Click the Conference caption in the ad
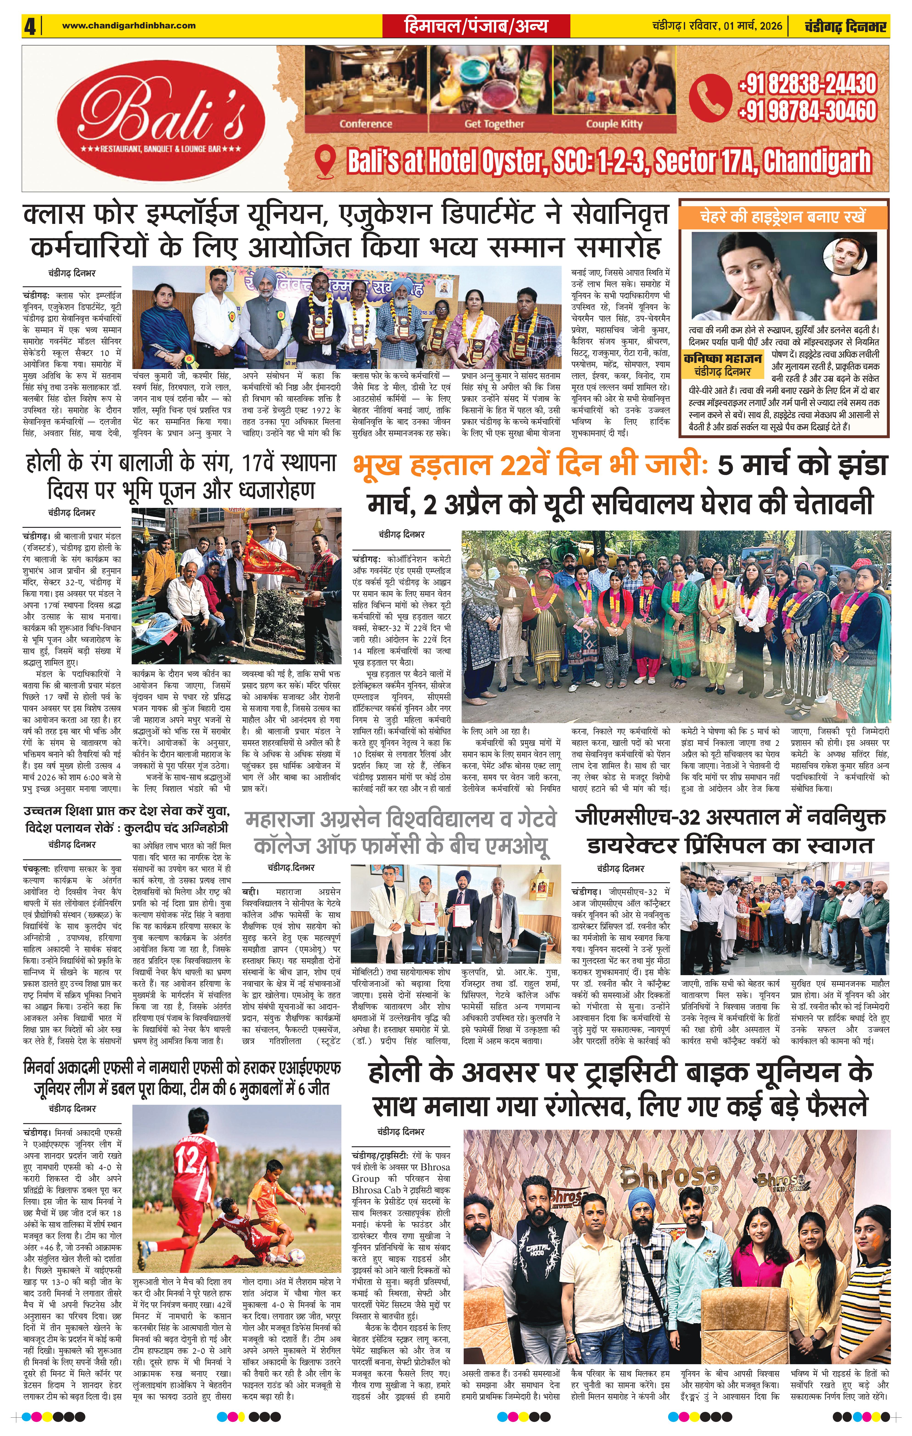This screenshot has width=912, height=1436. [x=366, y=124]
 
